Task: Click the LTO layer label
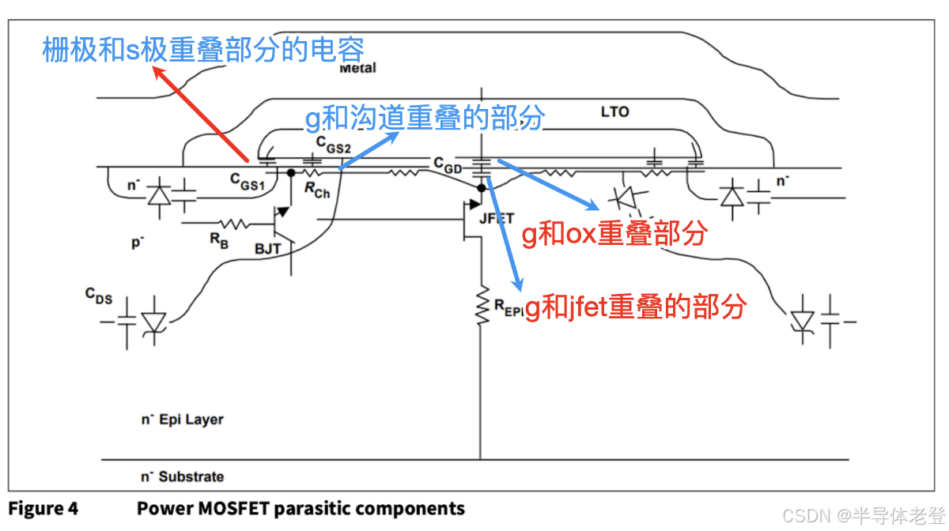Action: coord(614,112)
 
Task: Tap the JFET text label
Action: coord(497,218)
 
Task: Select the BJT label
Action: coord(268,248)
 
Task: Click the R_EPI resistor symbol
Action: coord(481,306)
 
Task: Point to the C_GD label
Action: coord(448,163)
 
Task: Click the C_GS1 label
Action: coord(247,181)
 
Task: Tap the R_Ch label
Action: coord(316,190)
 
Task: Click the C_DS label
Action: coord(99,296)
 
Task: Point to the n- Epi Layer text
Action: coord(182,420)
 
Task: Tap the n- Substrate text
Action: coord(182,476)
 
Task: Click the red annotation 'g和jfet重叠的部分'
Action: coord(636,306)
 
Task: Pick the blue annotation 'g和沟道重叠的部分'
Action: coord(425,119)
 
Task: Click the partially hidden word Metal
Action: coord(357,69)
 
